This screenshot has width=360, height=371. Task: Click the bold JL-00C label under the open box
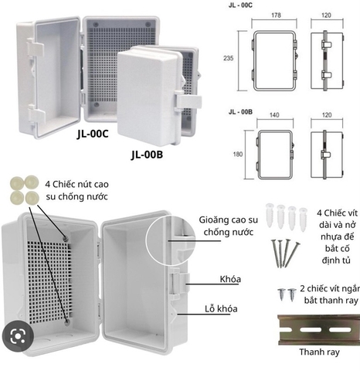93,134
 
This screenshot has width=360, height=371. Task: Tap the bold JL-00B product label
147,155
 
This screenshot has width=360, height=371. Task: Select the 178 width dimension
276,15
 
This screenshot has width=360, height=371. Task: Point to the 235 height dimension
228,58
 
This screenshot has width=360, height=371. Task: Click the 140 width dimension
274,115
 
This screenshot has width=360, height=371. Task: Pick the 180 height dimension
238,154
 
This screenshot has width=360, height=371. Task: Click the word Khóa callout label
230,279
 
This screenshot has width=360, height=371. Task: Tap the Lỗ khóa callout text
221,308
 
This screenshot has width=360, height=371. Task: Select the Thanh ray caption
319,352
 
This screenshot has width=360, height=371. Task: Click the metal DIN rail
319,330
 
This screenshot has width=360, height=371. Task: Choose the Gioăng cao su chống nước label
228,226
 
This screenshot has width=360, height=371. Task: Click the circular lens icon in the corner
18,336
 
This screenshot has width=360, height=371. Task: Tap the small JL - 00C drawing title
240,5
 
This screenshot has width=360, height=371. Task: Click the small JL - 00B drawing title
240,112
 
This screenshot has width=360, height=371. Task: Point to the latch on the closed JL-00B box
188,102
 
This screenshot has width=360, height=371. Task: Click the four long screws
285,254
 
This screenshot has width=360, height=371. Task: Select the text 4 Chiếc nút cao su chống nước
76,190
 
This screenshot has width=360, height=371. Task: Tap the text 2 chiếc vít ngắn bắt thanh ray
331,294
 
